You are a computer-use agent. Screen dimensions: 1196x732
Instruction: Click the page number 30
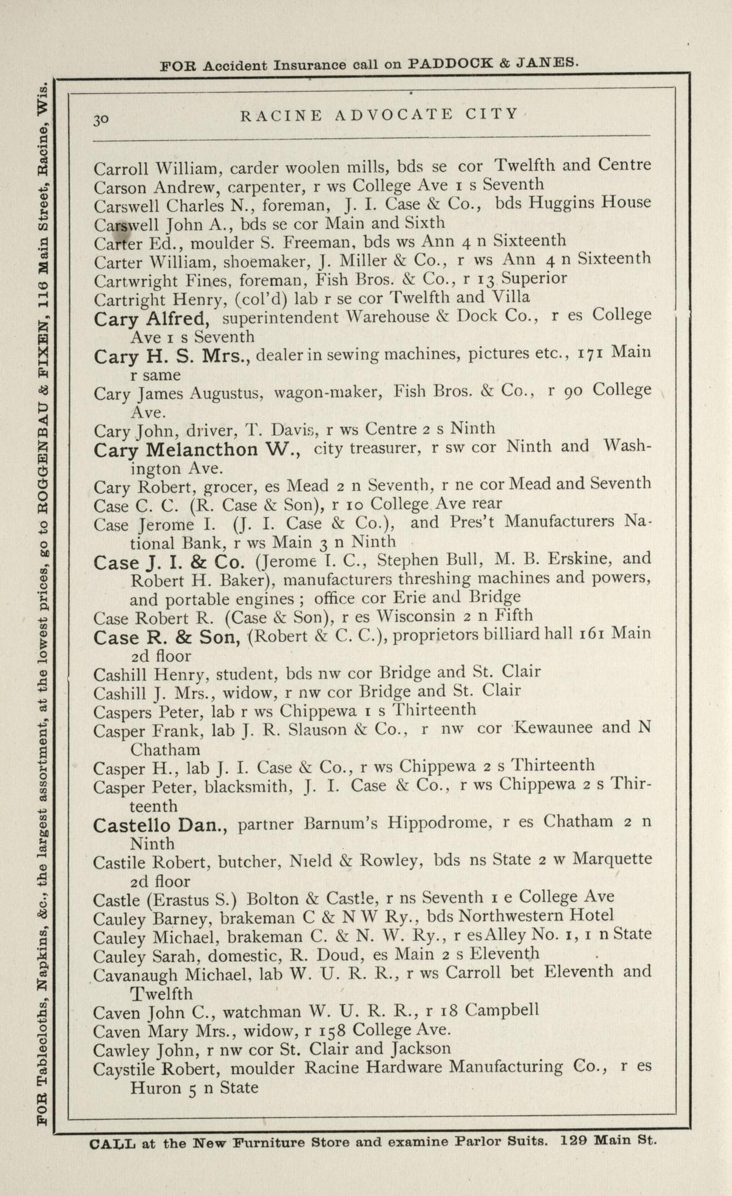click(x=100, y=119)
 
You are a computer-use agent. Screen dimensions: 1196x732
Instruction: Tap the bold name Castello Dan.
click(x=160, y=825)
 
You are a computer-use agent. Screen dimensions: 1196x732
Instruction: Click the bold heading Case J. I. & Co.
click(x=169, y=562)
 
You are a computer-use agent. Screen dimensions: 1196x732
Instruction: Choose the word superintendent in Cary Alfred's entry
click(x=280, y=317)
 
